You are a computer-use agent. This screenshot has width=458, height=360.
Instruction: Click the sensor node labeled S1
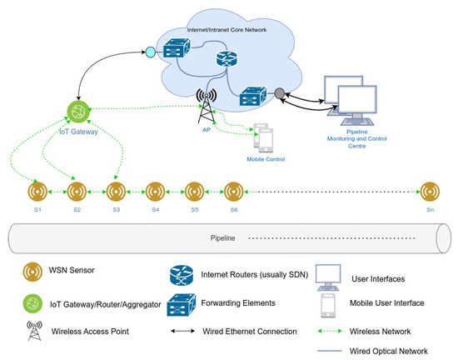click(37, 190)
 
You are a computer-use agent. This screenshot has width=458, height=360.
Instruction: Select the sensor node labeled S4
click(154, 190)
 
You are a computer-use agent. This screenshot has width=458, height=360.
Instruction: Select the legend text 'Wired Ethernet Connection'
click(250, 331)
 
